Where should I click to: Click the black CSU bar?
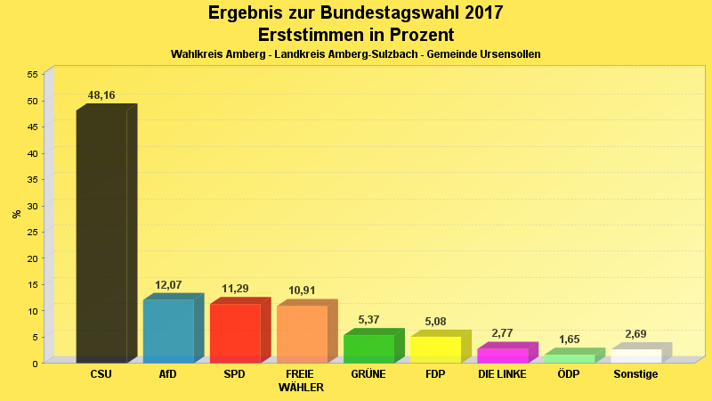(x=101, y=236)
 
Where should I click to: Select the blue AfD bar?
(x=168, y=331)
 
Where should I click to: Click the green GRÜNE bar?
(x=368, y=348)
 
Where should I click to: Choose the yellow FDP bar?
(x=435, y=349)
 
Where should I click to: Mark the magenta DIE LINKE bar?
(x=502, y=355)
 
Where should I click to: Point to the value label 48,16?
(x=101, y=95)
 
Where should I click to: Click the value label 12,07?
(x=168, y=285)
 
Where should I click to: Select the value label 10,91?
(x=302, y=291)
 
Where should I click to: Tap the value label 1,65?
(x=569, y=340)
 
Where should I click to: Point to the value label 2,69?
(x=635, y=334)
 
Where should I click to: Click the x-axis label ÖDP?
(x=569, y=374)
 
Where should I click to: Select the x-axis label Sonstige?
(x=635, y=374)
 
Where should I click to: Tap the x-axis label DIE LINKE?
(x=502, y=374)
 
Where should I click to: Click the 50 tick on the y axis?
(x=32, y=101)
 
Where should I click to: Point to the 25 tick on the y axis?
(x=32, y=232)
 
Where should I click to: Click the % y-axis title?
(x=16, y=214)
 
